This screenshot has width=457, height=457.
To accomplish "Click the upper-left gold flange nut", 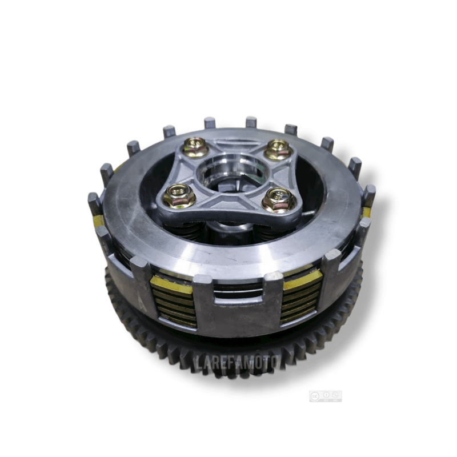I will [196, 148].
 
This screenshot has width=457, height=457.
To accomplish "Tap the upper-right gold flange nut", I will [279, 150].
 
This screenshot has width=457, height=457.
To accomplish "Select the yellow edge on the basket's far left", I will [98, 221].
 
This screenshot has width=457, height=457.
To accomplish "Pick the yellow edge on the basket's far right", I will [366, 212].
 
